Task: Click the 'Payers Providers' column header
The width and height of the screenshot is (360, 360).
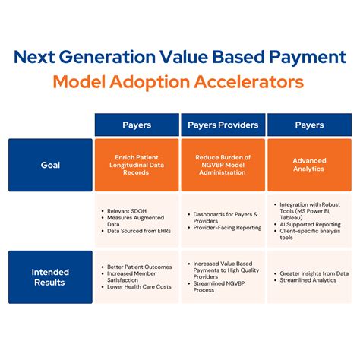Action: coord(223,125)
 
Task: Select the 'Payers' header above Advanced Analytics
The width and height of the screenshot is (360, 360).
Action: coord(308,125)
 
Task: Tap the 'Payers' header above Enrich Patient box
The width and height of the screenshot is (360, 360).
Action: coord(137,125)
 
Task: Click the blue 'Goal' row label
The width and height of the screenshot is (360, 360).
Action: coord(51,164)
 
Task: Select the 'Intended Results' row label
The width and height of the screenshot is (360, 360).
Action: coord(51,277)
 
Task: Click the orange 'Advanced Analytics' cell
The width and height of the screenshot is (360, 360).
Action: coord(308,164)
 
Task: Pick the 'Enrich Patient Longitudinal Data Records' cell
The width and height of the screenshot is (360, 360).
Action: coord(137,164)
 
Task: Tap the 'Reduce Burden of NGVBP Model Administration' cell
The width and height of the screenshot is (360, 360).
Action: coord(223,164)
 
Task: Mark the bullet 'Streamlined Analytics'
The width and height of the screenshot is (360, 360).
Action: coord(308,282)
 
